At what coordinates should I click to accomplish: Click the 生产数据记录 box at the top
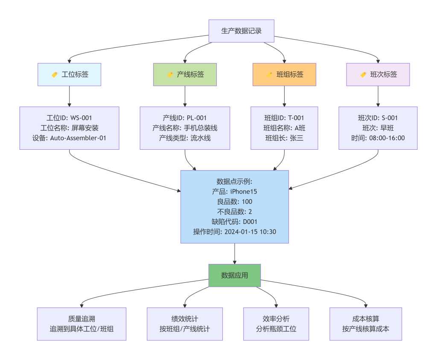242,31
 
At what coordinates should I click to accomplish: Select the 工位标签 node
70,74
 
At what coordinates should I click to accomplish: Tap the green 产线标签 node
185,74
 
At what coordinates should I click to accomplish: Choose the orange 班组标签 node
284,74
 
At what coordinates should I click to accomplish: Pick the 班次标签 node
378,74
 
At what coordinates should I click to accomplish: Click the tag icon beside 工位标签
55,75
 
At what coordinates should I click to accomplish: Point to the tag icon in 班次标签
363,75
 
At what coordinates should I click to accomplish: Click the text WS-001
81,118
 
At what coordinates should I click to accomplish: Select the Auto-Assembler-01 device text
78,138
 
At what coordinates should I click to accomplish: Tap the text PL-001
196,118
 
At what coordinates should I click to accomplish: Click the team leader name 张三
297,138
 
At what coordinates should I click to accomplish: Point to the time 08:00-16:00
387,138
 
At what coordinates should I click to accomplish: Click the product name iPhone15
244,192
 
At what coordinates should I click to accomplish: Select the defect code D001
250,221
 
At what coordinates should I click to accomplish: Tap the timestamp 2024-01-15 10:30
250,232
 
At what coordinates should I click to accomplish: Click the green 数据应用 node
235,275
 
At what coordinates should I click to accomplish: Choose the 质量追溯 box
82,324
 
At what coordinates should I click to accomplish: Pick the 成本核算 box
366,324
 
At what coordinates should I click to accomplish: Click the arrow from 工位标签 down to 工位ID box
70,96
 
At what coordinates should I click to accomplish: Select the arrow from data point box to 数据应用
235,253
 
